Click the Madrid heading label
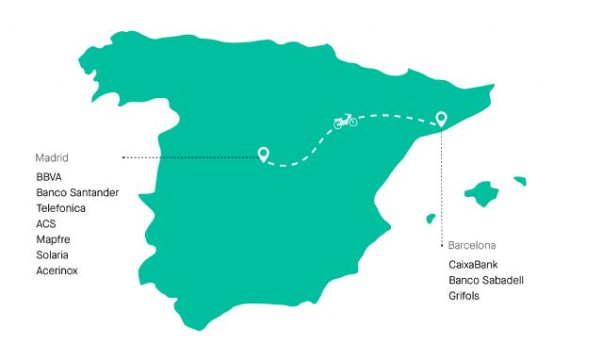click(x=53, y=157)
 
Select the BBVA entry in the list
click(x=49, y=176)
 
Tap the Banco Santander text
click(x=77, y=192)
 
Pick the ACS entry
click(x=46, y=223)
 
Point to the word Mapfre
click(x=53, y=239)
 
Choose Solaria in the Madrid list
click(x=53, y=254)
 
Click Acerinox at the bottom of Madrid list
click(x=57, y=270)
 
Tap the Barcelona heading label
click(x=472, y=245)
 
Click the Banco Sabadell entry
click(x=486, y=280)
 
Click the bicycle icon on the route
click(x=346, y=121)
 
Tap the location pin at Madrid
click(x=264, y=153)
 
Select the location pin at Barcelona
click(x=440, y=119)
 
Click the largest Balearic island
click(x=486, y=194)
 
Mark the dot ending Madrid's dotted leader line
click(x=123, y=157)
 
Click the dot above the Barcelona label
click(x=441, y=245)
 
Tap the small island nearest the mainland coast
click(x=432, y=219)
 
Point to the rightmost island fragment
click(x=519, y=179)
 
